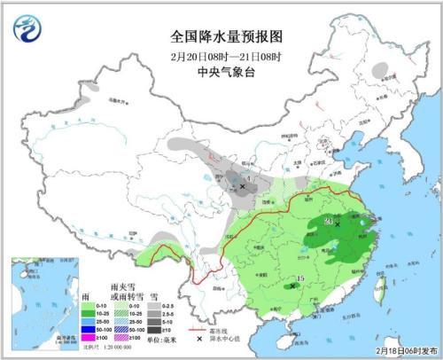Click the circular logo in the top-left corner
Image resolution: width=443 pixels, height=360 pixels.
click(x=28, y=31)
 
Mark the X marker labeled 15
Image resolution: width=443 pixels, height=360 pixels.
click(x=293, y=286)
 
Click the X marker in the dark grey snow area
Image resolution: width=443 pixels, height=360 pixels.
click(x=244, y=187)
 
